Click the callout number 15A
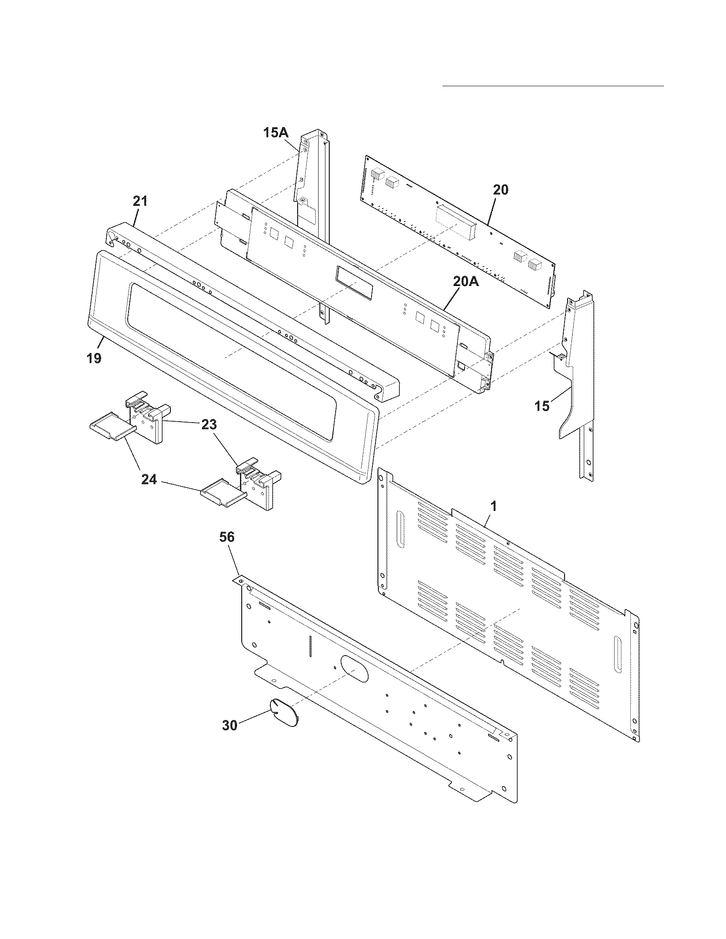click(x=275, y=133)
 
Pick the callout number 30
click(x=229, y=725)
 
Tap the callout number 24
click(x=149, y=479)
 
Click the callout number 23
click(x=208, y=425)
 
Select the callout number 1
click(x=494, y=507)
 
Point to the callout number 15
click(x=542, y=405)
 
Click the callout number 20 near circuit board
click(x=500, y=190)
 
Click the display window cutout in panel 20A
click(x=355, y=282)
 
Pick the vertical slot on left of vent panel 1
click(x=401, y=529)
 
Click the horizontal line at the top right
click(x=553, y=86)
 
